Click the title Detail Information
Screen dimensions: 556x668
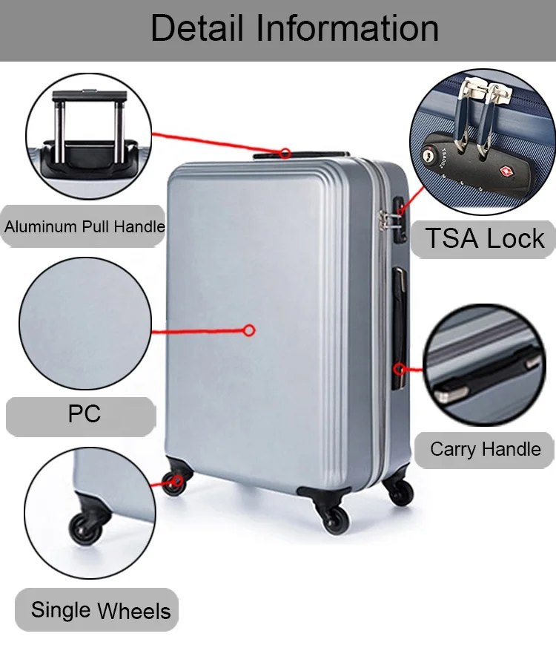point(294,30)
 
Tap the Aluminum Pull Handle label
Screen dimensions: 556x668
point(84,226)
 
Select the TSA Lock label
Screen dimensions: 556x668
point(484,238)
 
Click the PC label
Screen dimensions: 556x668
point(84,414)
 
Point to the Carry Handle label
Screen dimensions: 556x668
point(485,449)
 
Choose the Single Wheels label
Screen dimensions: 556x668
point(100,611)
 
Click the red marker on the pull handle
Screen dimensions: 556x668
point(285,153)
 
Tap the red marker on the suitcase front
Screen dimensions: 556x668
point(249,330)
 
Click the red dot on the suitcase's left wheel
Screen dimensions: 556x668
point(176,481)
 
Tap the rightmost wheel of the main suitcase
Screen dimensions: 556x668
point(400,491)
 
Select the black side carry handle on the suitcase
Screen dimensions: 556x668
point(399,327)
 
